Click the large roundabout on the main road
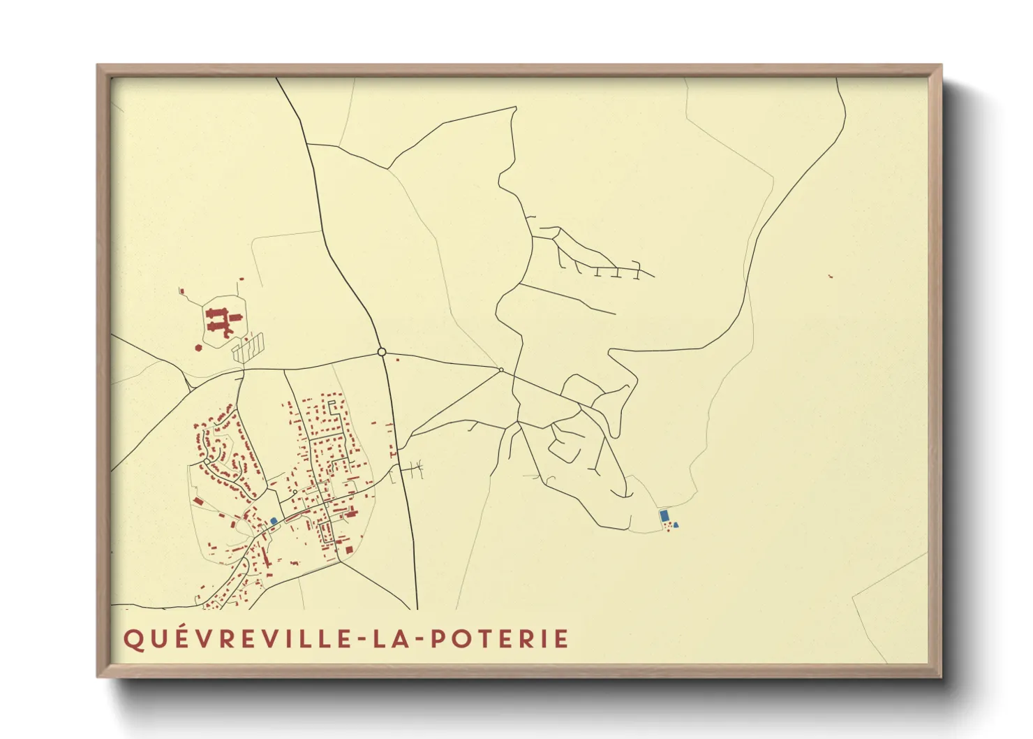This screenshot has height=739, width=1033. click(x=381, y=352)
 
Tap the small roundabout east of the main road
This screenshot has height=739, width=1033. click(x=501, y=369)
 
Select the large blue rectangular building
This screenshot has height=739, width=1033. click(x=664, y=515)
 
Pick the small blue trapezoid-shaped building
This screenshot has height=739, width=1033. click(x=676, y=525)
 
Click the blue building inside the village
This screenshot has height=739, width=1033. click(x=274, y=521)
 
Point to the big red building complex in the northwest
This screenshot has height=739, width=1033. click(x=223, y=320)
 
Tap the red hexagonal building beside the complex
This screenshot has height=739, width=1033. click(x=198, y=346)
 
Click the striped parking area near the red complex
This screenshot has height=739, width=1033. click(x=249, y=346)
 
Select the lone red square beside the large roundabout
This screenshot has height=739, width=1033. click(x=398, y=360)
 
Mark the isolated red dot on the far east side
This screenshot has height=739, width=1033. click(x=830, y=277)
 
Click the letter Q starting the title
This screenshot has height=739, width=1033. click(x=133, y=639)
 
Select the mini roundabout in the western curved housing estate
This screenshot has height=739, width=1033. click(x=207, y=461)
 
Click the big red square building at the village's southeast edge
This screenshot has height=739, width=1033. click(x=349, y=550)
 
